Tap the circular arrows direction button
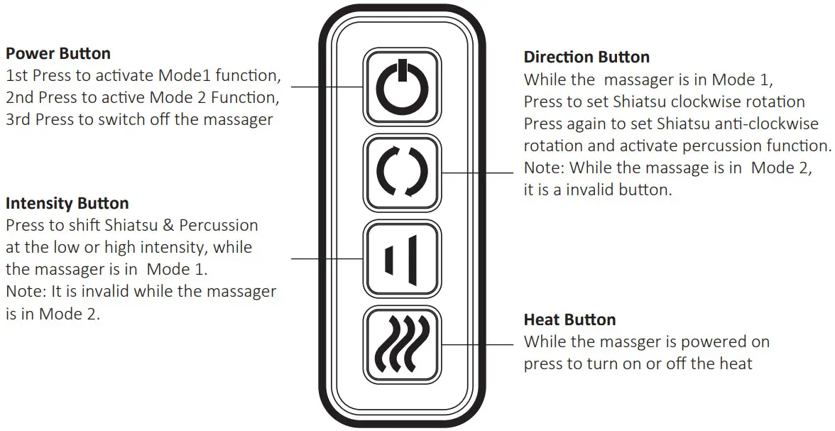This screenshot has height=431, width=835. click(x=402, y=173)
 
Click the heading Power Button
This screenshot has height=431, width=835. click(x=58, y=53)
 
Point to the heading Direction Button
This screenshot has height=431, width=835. click(x=586, y=57)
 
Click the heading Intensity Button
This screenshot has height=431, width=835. click(x=67, y=203)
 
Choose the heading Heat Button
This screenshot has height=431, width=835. click(x=569, y=320)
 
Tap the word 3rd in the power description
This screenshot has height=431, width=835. click(x=18, y=119)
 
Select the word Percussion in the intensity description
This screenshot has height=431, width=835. click(x=219, y=226)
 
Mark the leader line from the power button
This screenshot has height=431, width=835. click(x=327, y=87)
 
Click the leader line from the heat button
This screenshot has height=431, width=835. click(x=476, y=344)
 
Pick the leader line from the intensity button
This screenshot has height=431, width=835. click(x=327, y=258)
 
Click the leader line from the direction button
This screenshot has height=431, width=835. click(x=476, y=173)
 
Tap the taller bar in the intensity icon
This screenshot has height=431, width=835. click(x=413, y=259)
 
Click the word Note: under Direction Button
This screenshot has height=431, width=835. click(x=544, y=168)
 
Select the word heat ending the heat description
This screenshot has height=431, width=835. click(x=735, y=364)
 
